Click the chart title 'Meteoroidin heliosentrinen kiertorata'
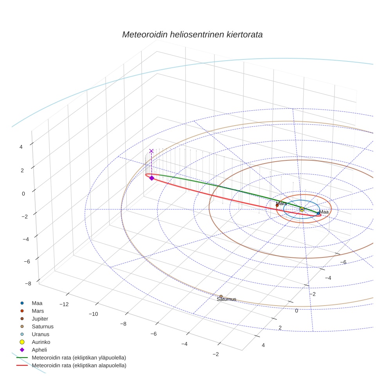[x=192, y=34]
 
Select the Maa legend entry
[x=37, y=303]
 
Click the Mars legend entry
[x=38, y=311]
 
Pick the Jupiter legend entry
[x=40, y=319]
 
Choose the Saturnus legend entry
[x=42, y=327]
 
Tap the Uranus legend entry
[x=40, y=335]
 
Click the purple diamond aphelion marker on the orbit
[x=152, y=178]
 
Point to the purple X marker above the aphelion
[x=151, y=151]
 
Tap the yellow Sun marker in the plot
[x=302, y=209]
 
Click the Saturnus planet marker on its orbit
[x=221, y=296]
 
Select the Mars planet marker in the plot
[x=277, y=205]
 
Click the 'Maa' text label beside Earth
[x=324, y=212]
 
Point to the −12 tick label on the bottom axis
[x=63, y=304]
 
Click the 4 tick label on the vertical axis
[x=21, y=147]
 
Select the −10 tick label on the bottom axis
[x=94, y=314]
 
